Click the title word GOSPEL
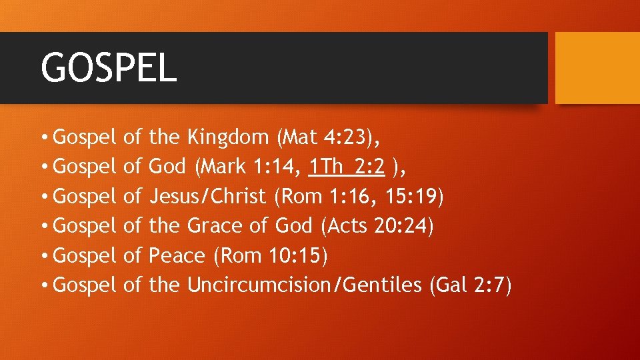tap(109, 67)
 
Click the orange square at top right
tap(597, 68)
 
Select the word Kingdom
tap(227, 137)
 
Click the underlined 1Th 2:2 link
tap(347, 167)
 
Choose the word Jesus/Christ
tap(207, 197)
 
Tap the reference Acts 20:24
tap(377, 226)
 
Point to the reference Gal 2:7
tap(471, 285)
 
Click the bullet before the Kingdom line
tap(44, 138)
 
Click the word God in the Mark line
tap(167, 167)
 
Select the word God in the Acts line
tap(293, 226)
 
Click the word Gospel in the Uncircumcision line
tap(85, 285)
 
